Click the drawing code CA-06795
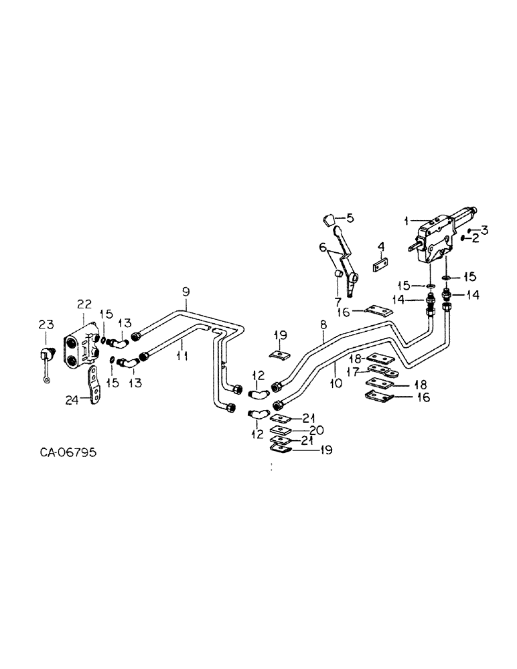coord(68,453)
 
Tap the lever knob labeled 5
coord(327,219)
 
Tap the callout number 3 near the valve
coord(484,229)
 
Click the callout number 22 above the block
coord(84,304)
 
